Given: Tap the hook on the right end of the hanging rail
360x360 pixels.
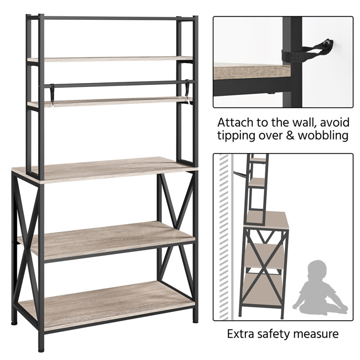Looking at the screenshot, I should [x=187, y=88].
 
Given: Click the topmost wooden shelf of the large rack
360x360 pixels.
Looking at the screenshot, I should [x=110, y=59].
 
